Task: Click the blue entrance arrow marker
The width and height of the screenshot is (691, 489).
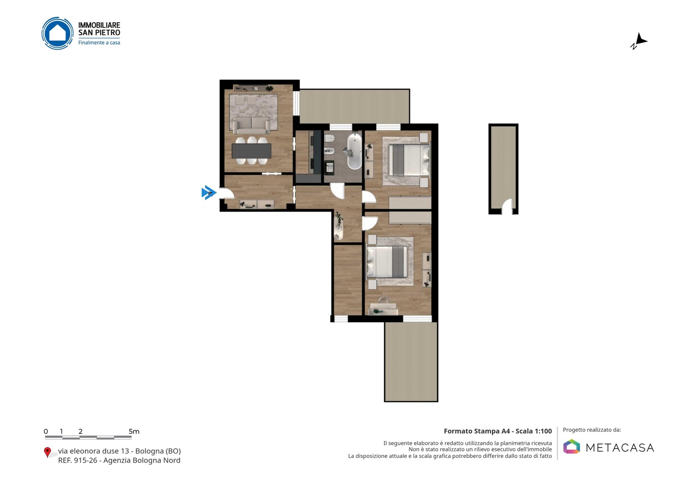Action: coord(209,193)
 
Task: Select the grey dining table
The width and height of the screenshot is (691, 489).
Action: coord(251,151)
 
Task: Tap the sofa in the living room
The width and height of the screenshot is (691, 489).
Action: coord(251,125)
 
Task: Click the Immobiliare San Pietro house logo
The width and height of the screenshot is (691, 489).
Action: coord(58,33)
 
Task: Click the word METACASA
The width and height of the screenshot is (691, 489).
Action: coord(620,448)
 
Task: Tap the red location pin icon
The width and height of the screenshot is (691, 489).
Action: coord(47,452)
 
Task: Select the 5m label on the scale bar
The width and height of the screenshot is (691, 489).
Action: coord(134,431)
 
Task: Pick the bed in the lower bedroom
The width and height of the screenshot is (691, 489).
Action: coord(387,261)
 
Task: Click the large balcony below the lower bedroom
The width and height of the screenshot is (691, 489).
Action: coord(411,362)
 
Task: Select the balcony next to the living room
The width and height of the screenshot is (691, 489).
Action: coord(355,106)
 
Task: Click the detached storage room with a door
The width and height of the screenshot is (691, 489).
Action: coord(503,169)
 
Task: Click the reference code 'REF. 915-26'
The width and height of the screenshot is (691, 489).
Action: coord(77,460)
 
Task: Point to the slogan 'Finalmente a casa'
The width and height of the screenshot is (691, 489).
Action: coord(99,43)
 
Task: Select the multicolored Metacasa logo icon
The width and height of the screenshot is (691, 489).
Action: coord(572,446)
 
